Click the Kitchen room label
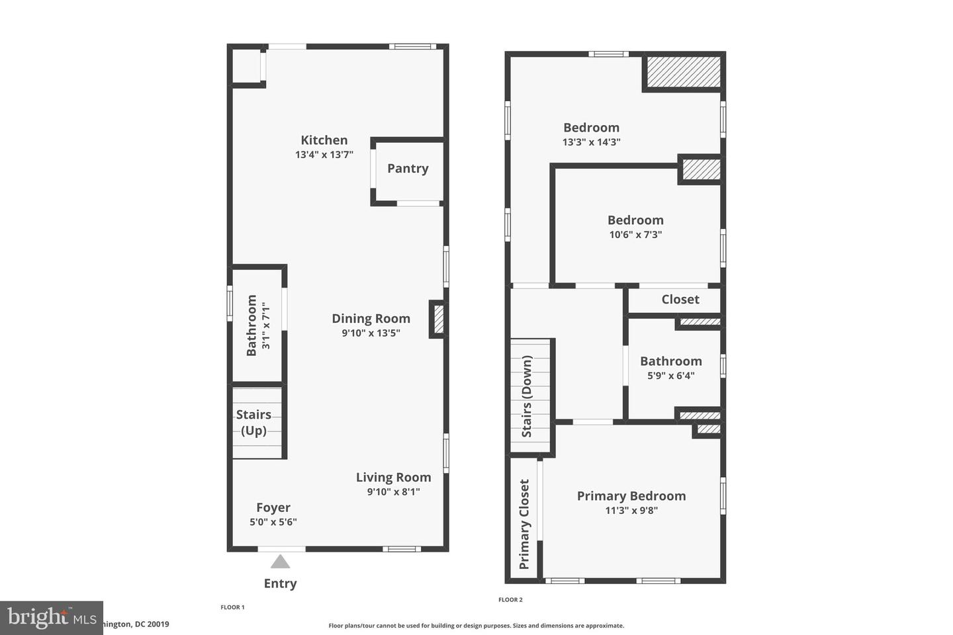(324, 140)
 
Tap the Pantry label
(408, 169)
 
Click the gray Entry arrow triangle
(281, 562)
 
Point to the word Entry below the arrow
(280, 583)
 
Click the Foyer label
(273, 507)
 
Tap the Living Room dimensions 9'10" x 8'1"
(393, 491)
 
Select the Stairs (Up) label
(253, 423)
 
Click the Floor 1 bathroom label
(251, 325)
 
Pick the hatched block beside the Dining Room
(438, 319)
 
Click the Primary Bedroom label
(631, 496)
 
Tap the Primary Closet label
(524, 525)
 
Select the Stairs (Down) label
(527, 397)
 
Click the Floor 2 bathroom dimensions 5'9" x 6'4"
(670, 376)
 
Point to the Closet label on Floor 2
(680, 300)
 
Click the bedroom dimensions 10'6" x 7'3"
(635, 235)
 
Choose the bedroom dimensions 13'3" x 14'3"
(591, 142)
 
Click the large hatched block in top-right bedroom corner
(683, 71)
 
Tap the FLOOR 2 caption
(510, 600)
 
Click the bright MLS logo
(51, 617)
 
